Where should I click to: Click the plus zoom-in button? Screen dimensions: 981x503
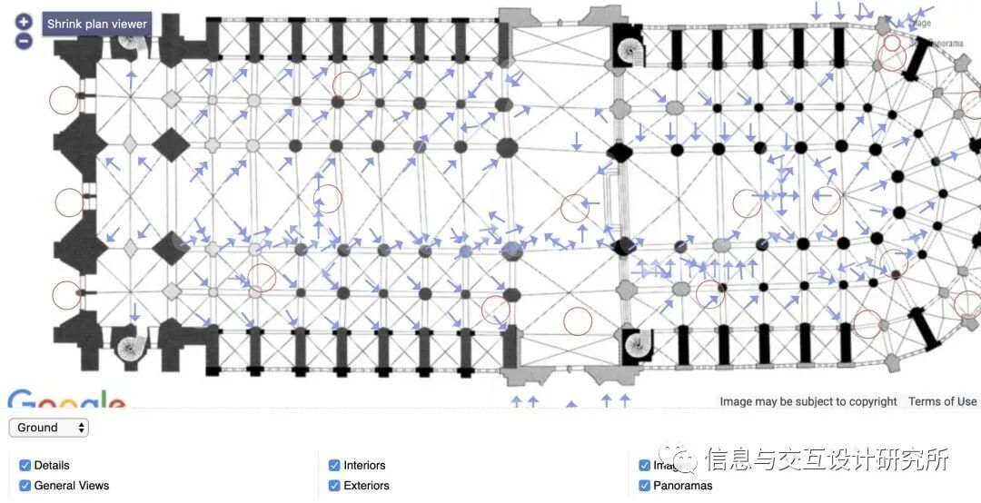click(24, 22)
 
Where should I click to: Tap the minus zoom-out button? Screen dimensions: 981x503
click(24, 41)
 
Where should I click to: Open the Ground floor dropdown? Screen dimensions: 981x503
click(49, 428)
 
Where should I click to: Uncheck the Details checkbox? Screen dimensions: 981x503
click(25, 466)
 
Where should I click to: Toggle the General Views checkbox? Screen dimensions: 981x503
click(25, 486)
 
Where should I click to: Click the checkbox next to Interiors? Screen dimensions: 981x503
click(334, 466)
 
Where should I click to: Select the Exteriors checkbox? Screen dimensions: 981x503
click(334, 486)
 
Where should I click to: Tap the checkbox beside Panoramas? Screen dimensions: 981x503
click(644, 486)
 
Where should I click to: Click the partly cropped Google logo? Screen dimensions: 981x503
click(66, 400)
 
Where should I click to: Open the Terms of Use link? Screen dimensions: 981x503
click(942, 401)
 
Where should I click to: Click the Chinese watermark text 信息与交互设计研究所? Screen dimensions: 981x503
click(827, 459)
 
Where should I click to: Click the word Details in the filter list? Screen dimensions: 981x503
click(52, 466)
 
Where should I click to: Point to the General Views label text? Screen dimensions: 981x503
click(72, 486)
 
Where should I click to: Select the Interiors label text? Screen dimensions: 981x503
click(364, 466)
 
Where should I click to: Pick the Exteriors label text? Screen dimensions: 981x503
click(366, 486)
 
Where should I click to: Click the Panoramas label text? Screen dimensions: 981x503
click(683, 486)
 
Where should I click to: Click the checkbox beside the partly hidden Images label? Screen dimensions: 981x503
click(644, 466)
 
